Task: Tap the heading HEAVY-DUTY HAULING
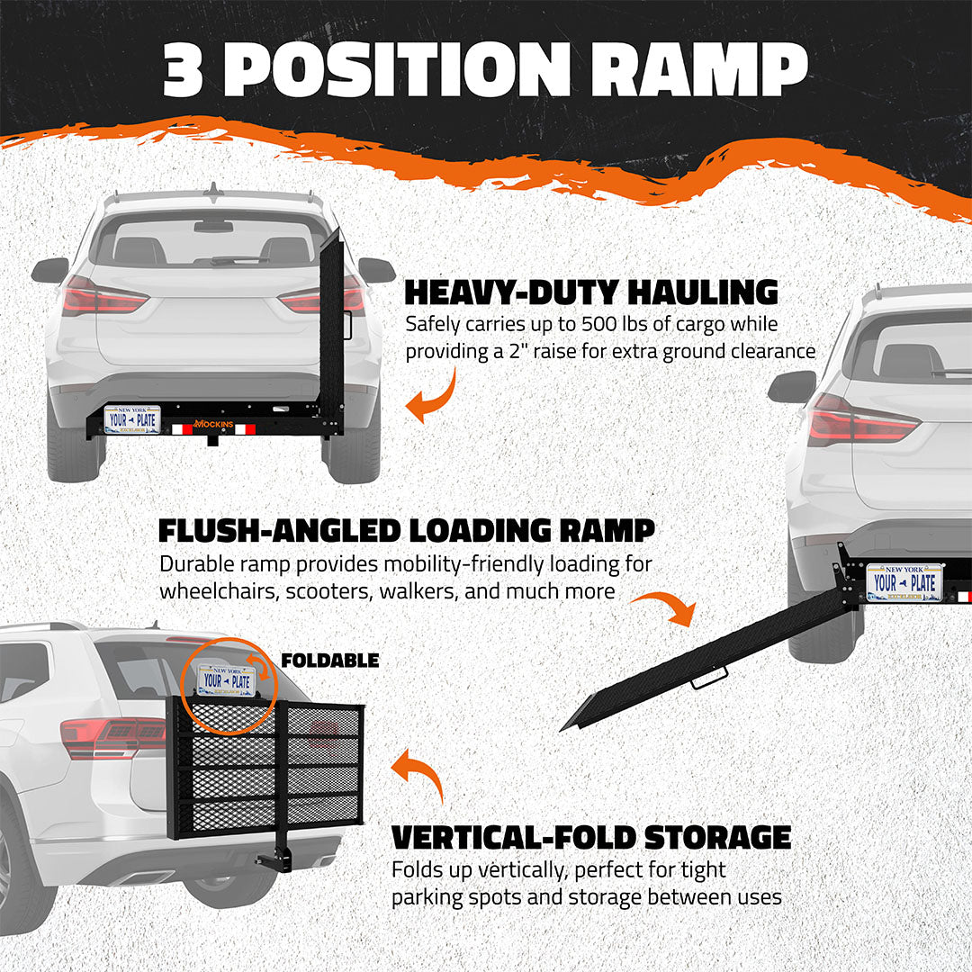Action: [x=590, y=292]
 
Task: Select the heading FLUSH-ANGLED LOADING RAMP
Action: [x=406, y=530]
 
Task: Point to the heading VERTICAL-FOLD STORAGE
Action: [x=590, y=837]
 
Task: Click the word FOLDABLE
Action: [x=329, y=661]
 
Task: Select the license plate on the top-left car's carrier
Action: [x=132, y=419]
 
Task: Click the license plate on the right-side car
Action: [x=904, y=582]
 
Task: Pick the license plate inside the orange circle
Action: [x=227, y=680]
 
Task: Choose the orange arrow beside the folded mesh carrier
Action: [x=419, y=773]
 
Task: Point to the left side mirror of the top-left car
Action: [x=50, y=269]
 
